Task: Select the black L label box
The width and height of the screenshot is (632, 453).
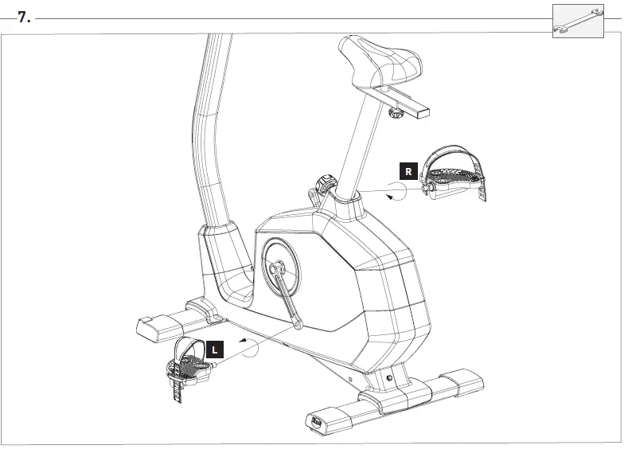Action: (215, 348)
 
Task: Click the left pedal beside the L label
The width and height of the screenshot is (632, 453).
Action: (189, 367)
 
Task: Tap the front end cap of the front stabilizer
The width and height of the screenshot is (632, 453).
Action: (318, 420)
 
